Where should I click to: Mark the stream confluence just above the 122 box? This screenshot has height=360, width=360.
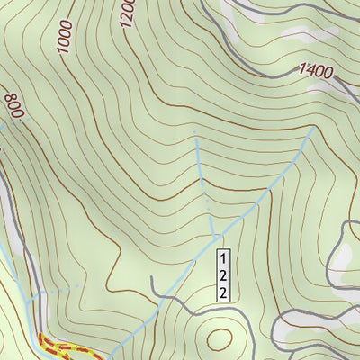[x=216, y=236]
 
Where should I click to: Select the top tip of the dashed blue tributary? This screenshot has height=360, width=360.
[x=195, y=132]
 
